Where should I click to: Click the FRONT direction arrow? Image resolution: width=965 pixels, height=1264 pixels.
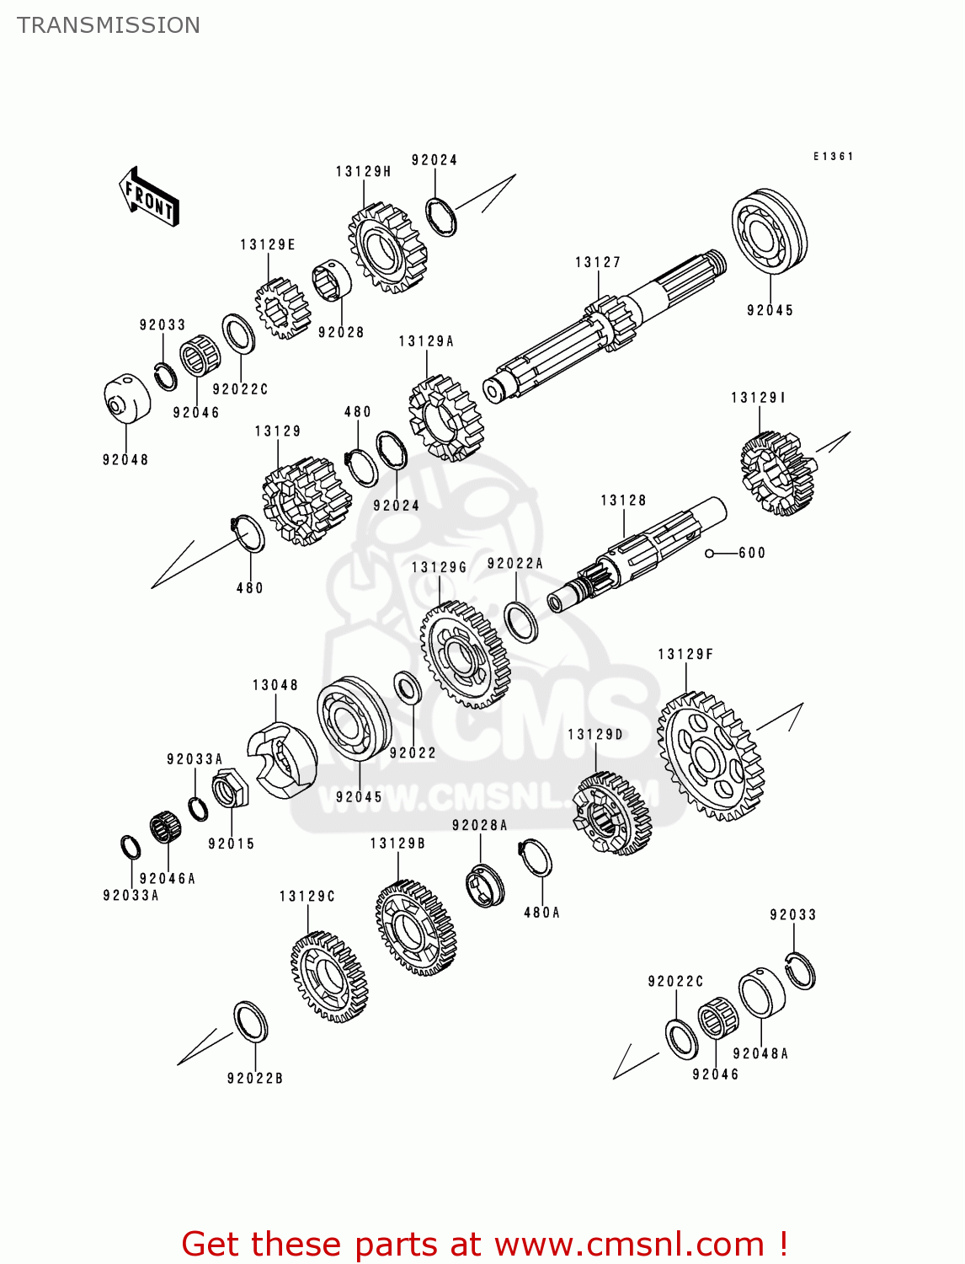[150, 196]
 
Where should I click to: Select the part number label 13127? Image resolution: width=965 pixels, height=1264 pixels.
[597, 263]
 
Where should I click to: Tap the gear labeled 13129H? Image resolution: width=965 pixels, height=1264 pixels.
[387, 246]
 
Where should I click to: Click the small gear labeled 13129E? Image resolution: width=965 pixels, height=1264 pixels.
[282, 308]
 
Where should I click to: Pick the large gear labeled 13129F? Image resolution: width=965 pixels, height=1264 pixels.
[710, 756]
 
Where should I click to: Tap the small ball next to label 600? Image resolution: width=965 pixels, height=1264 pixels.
[710, 554]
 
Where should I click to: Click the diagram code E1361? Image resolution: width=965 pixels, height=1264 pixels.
[833, 157]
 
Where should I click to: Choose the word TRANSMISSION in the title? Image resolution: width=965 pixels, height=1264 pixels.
[109, 25]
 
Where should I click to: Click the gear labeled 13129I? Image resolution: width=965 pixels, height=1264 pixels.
[777, 472]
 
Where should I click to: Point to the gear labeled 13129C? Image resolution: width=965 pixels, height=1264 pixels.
[329, 976]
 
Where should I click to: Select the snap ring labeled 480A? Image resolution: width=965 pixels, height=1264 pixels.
[536, 859]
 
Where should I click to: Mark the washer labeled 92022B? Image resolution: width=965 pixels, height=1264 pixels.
[250, 1021]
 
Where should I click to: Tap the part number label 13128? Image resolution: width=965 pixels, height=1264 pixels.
[623, 501]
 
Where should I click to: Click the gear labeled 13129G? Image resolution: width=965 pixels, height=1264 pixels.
[464, 655]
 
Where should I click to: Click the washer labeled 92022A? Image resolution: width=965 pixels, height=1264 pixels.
[521, 622]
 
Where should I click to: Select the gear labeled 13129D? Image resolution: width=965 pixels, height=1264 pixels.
[612, 814]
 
